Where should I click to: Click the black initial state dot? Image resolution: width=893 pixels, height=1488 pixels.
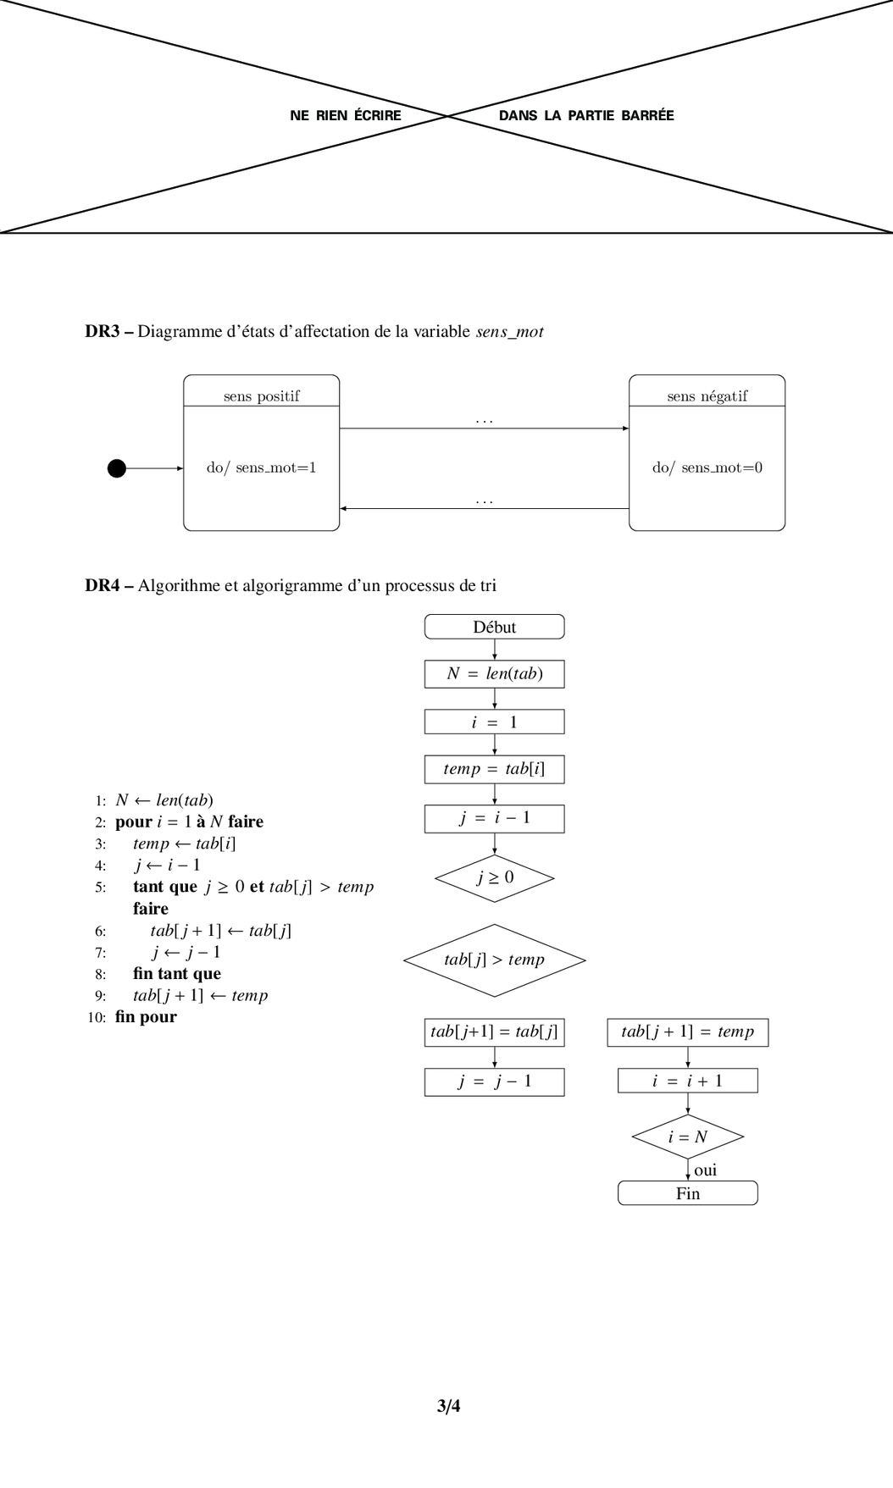point(117,467)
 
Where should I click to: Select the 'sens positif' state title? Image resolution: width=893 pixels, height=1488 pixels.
point(261,396)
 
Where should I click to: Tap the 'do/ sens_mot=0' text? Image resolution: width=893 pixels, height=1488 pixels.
point(707,467)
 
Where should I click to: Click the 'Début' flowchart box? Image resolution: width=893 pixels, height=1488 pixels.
point(494,627)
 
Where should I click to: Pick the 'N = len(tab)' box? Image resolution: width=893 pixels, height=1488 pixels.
point(494,674)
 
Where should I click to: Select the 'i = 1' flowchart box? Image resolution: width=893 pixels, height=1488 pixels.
point(494,722)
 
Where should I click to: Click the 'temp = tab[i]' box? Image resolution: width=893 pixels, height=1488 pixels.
point(494,769)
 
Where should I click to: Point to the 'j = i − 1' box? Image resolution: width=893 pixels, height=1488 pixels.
point(494,818)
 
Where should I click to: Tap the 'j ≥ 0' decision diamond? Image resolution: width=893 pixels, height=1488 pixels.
point(494,877)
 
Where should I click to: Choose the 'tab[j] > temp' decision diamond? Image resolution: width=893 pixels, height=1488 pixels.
point(494,960)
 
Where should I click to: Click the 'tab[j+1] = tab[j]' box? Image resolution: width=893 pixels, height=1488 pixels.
point(494,1032)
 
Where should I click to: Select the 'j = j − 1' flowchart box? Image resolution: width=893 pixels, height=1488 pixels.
point(494,1081)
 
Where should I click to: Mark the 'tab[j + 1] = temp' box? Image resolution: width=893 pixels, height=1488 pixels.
point(687,1032)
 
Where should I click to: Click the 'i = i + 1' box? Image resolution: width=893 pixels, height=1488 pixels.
point(687,1081)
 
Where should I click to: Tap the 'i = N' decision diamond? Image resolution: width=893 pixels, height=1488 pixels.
point(687,1137)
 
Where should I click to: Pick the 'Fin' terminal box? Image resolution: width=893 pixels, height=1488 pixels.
point(687,1193)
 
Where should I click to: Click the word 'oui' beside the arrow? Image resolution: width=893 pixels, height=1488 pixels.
point(705,1170)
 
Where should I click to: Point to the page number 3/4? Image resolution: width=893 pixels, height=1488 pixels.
point(448,1407)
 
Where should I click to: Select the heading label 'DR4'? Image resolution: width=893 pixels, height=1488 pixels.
point(103,585)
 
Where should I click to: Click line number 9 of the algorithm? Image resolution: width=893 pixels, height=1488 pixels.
point(100,996)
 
